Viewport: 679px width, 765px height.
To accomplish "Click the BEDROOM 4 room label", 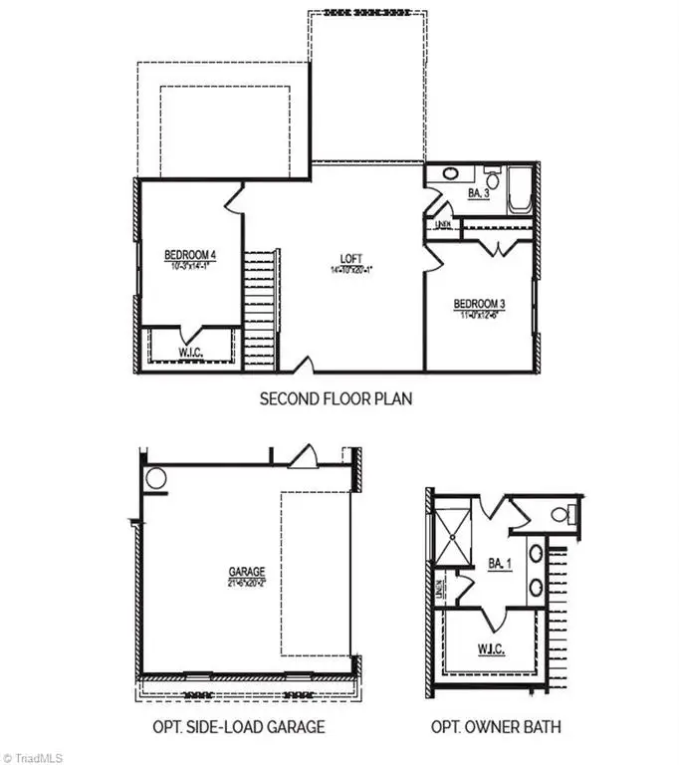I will click(x=190, y=256).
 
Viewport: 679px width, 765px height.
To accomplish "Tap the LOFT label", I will click(x=350, y=259).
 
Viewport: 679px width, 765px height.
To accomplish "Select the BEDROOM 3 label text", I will click(x=479, y=304).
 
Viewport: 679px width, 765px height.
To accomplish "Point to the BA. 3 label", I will click(x=478, y=192).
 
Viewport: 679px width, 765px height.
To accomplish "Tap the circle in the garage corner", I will click(x=156, y=478).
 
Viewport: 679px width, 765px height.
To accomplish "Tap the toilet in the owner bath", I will click(x=564, y=514).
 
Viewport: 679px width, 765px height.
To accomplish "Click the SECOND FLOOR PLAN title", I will click(x=336, y=398).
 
